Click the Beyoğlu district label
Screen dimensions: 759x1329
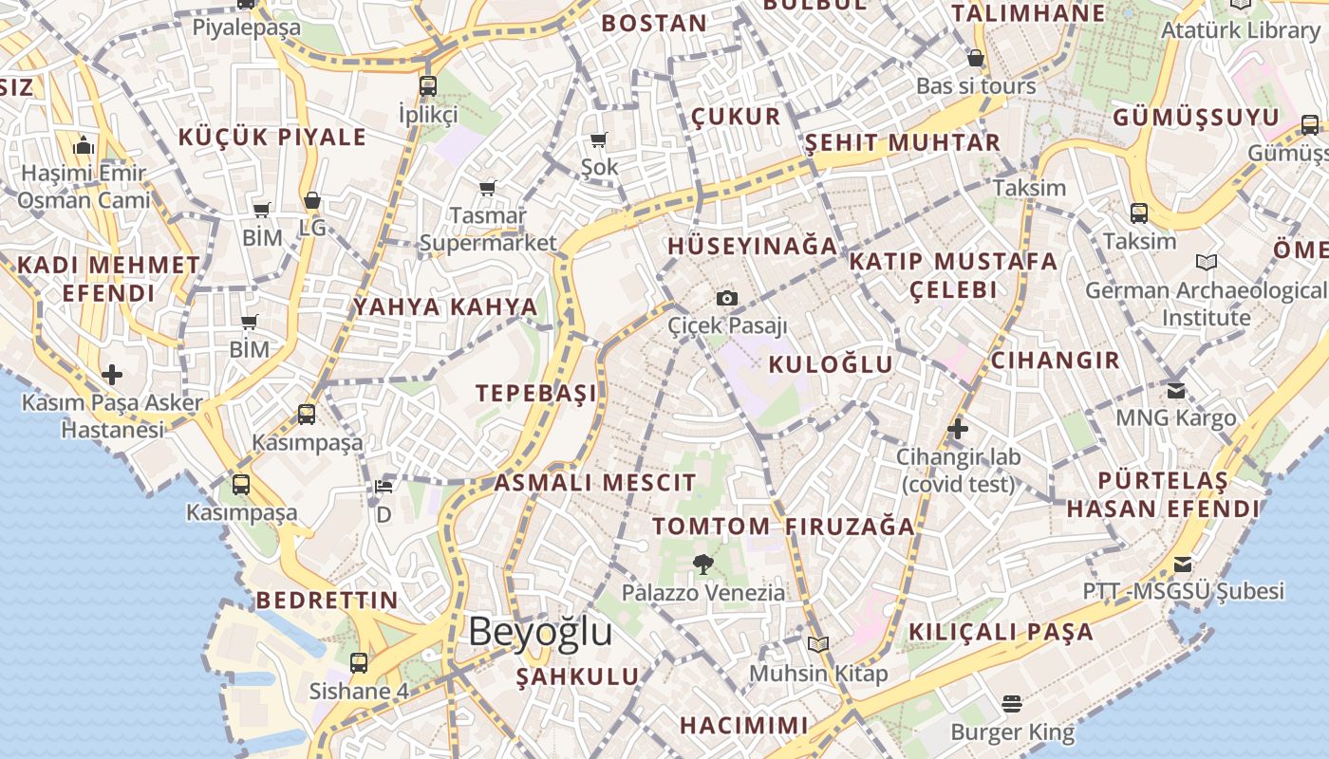[540, 632]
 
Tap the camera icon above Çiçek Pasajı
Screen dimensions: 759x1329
[727, 299]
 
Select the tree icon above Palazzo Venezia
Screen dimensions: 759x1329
[702, 565]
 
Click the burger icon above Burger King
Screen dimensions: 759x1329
[1012, 704]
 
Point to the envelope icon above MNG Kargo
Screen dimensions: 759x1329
[1176, 390]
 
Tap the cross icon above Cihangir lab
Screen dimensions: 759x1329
[957, 429]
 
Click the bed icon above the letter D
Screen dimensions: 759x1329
[384, 487]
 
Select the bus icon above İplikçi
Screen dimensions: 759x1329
[428, 86]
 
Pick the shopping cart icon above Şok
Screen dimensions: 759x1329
[598, 140]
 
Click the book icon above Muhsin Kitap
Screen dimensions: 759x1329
[817, 645]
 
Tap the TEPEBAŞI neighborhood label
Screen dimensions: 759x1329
[537, 393]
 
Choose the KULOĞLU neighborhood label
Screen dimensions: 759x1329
[831, 364]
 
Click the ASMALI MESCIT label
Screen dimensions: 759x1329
[595, 482]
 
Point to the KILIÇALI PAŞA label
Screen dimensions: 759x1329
[1001, 632]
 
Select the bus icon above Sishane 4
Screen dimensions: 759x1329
[359, 663]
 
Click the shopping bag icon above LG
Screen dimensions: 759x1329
[311, 201]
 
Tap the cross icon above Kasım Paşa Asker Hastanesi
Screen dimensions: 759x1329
[112, 375]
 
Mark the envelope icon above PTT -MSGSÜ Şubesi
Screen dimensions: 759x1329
[1182, 565]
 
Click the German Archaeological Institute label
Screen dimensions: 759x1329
[1207, 304]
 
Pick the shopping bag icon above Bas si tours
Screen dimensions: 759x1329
[975, 59]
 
